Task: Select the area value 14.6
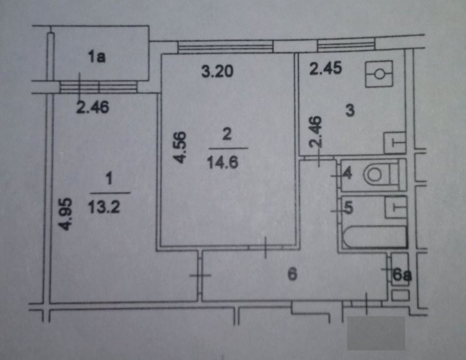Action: click(226, 160)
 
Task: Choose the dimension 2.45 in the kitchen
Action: click(325, 69)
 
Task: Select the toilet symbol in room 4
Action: click(373, 175)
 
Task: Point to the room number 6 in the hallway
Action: click(292, 275)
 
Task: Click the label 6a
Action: click(402, 276)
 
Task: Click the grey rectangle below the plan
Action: click(376, 333)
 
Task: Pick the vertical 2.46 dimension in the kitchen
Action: click(316, 133)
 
